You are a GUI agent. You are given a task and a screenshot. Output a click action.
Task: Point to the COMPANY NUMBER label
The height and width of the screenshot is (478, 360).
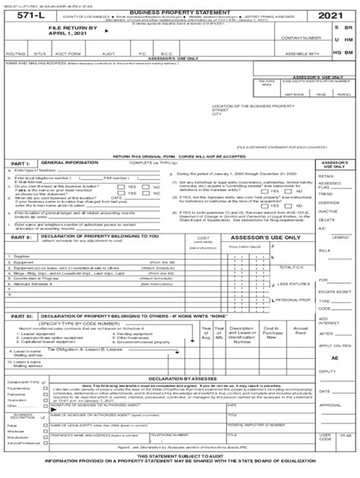coord(298,37)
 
